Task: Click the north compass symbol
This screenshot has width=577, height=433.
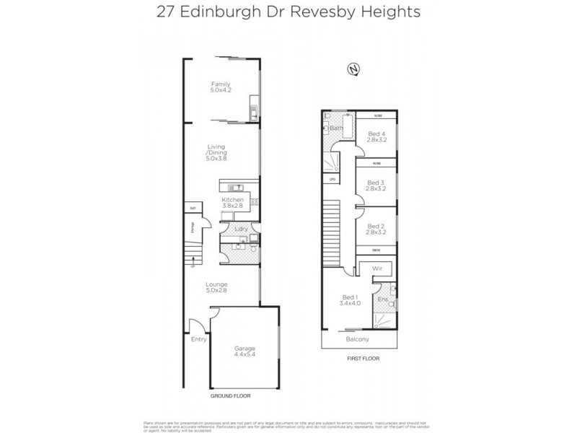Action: (353, 69)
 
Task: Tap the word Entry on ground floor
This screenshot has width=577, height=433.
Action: (199, 338)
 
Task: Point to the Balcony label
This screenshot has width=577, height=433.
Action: (357, 339)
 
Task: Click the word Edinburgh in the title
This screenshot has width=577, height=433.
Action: (226, 12)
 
